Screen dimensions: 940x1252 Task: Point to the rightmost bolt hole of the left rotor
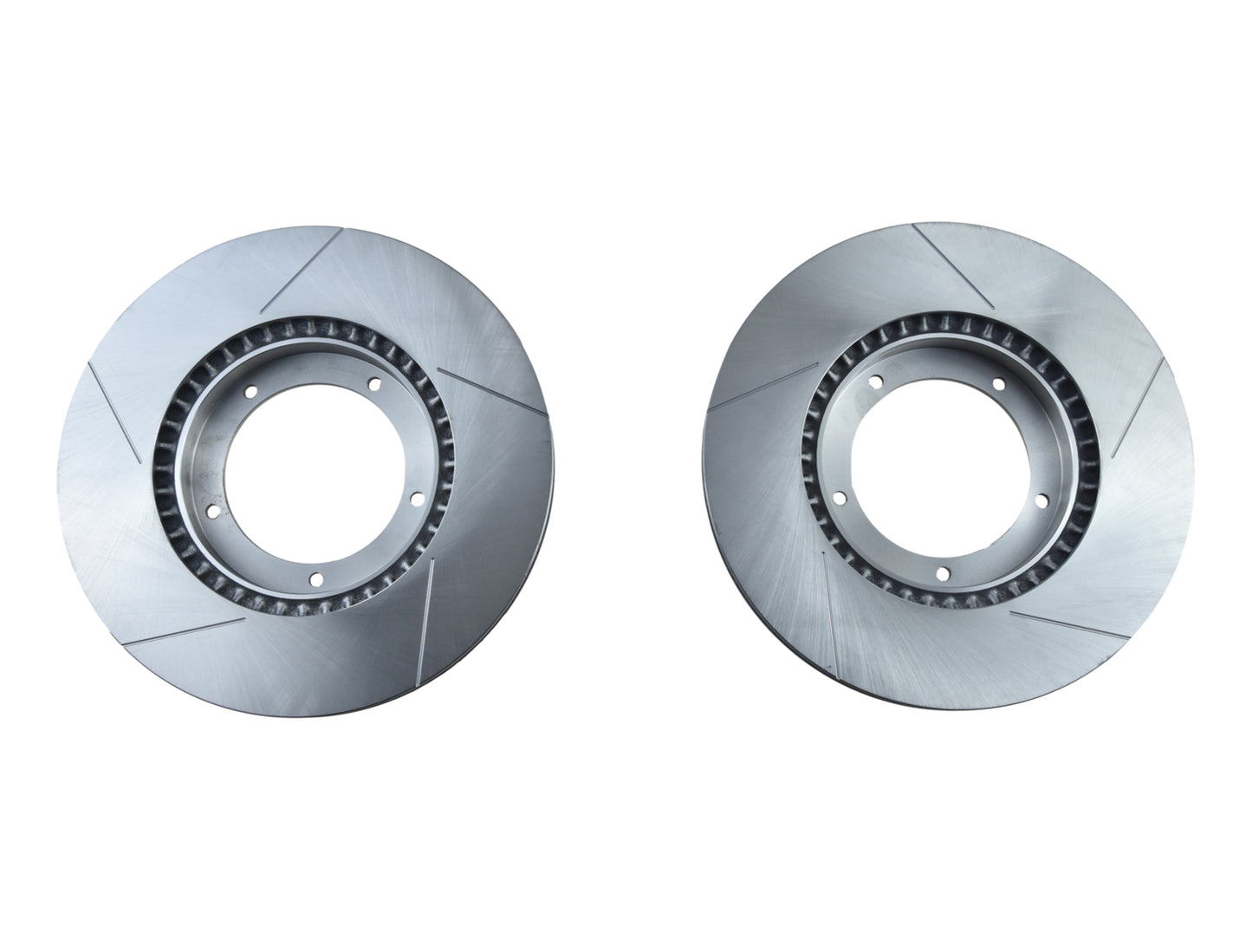pyautogui.click(x=413, y=498)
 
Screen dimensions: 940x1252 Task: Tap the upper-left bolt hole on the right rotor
pyautogui.click(x=875, y=382)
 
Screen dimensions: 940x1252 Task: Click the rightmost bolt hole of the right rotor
pyautogui.click(x=1041, y=500)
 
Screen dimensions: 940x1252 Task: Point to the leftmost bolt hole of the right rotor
pyautogui.click(x=839, y=498)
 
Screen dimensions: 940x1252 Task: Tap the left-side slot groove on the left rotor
pyautogui.click(x=115, y=411)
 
